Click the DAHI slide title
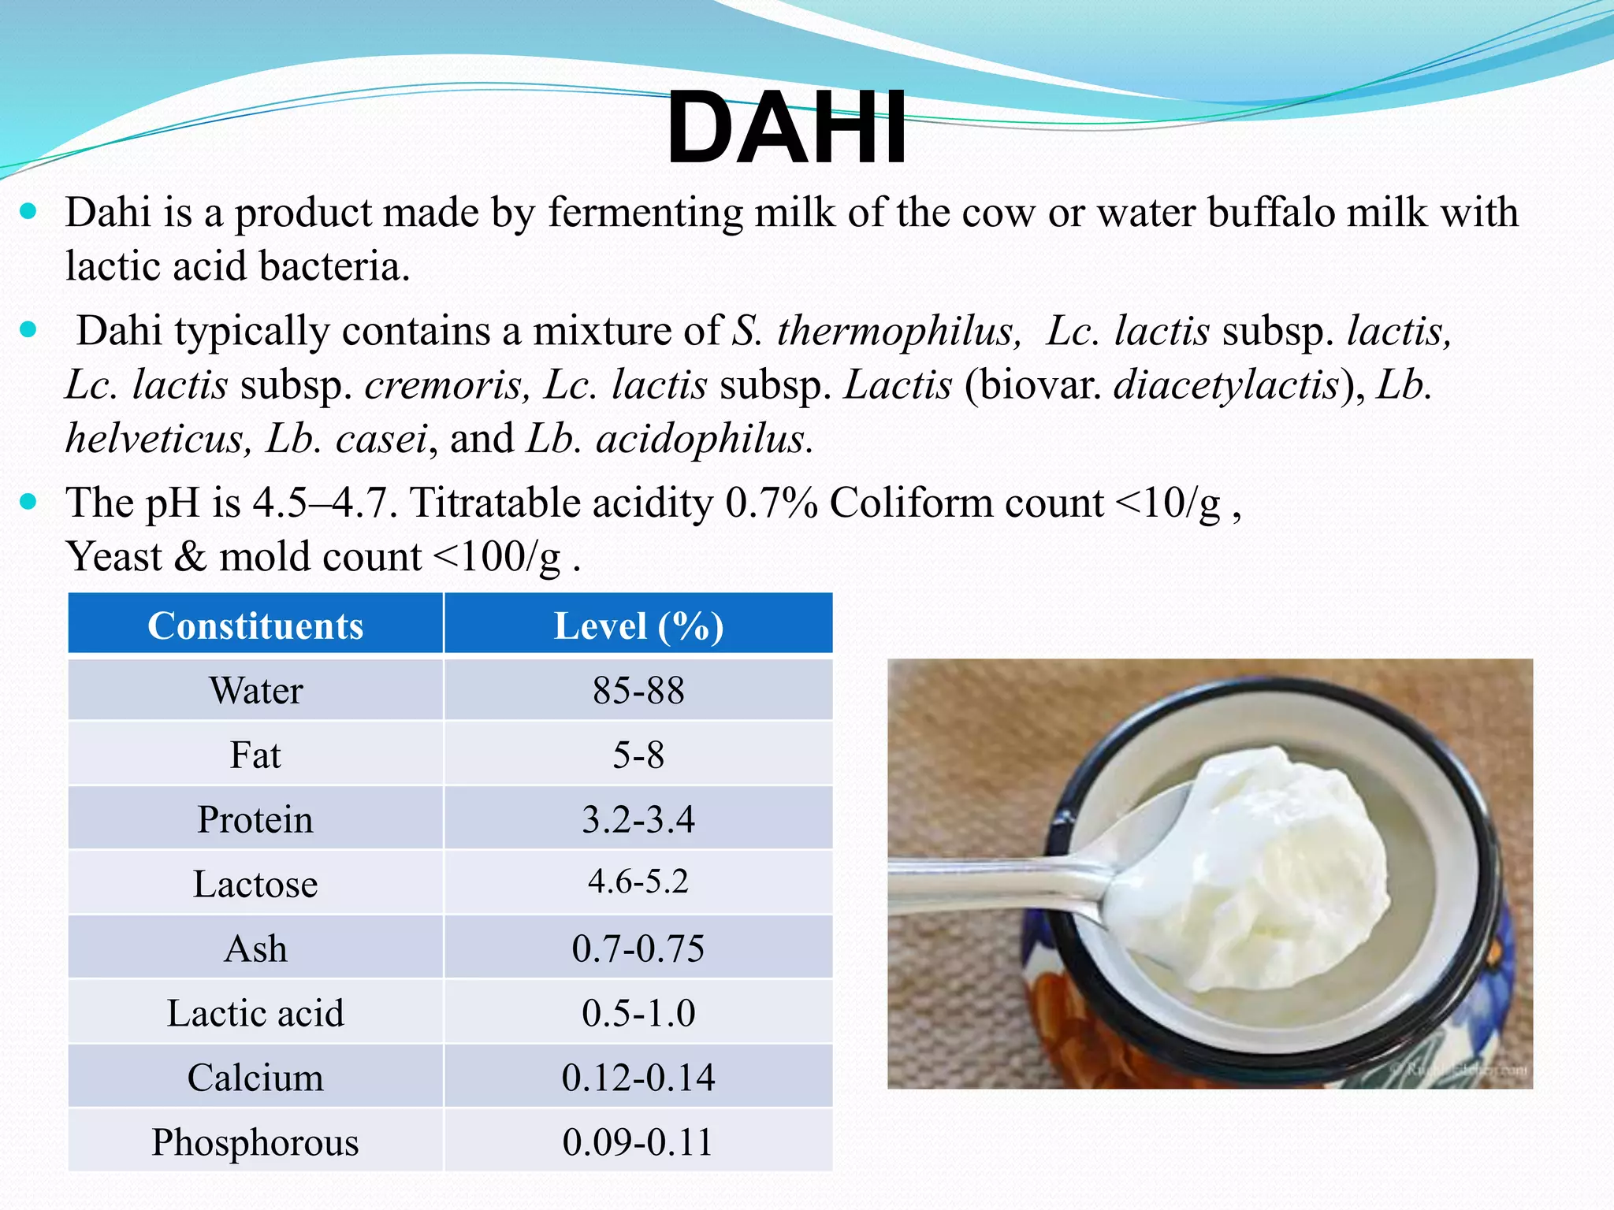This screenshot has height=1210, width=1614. tap(787, 128)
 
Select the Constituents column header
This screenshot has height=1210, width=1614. tap(255, 626)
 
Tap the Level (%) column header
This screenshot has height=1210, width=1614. tap(638, 626)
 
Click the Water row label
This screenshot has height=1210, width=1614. tap(255, 691)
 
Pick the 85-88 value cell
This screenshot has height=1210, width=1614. tap(638, 691)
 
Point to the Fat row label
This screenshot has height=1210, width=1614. tap(255, 755)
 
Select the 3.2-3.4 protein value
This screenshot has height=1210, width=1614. tap(638, 819)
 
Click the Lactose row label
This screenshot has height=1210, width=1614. tap(255, 884)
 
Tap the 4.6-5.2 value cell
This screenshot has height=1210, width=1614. tap(638, 882)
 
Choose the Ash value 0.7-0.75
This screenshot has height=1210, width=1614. tap(638, 948)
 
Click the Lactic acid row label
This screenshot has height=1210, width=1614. tap(255, 1013)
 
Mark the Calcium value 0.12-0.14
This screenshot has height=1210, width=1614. tap(638, 1078)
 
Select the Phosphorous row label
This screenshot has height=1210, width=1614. tap(255, 1142)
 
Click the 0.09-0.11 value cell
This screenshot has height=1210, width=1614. tap(638, 1142)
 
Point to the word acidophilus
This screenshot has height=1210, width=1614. tap(701, 439)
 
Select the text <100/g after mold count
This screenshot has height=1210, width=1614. tap(498, 557)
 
